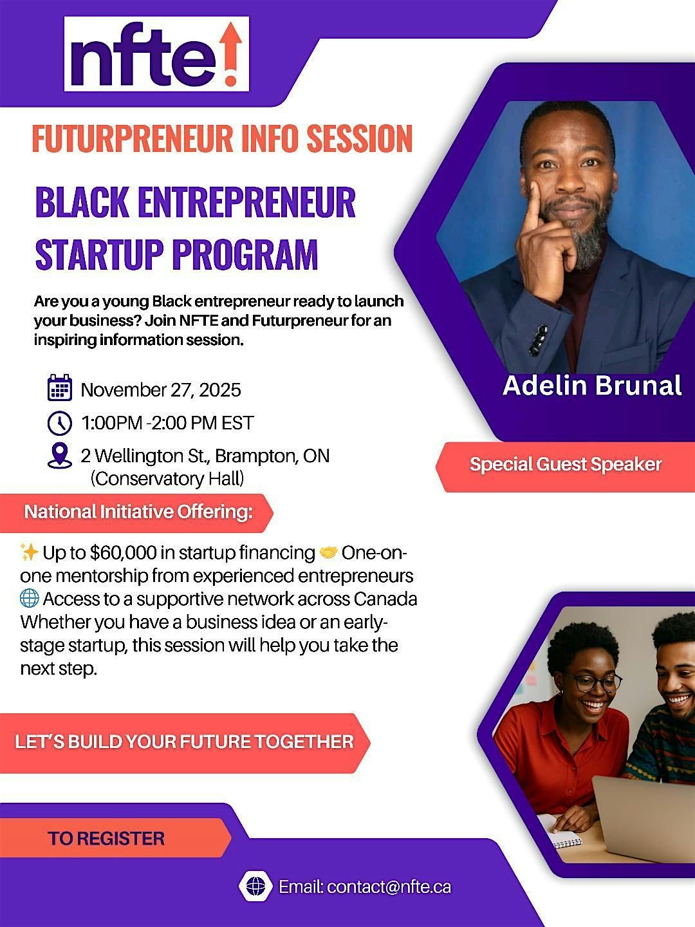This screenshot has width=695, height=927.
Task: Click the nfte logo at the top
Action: pyautogui.click(x=156, y=54)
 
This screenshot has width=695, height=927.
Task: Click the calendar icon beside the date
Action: pyautogui.click(x=60, y=389)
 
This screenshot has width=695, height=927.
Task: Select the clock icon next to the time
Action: pyautogui.click(x=60, y=423)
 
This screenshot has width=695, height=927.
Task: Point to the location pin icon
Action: pyautogui.click(x=60, y=455)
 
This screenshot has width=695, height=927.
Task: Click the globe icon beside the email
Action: pyautogui.click(x=255, y=886)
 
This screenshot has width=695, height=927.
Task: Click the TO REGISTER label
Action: pyautogui.click(x=106, y=838)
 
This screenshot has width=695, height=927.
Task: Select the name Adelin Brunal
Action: pyautogui.click(x=591, y=386)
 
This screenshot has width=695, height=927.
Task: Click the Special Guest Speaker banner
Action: pyautogui.click(x=566, y=465)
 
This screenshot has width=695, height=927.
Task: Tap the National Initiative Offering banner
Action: pyautogui.click(x=138, y=512)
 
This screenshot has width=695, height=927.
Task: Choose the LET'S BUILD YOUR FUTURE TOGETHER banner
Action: pyautogui.click(x=184, y=742)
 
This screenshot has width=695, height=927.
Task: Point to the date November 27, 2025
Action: pyautogui.click(x=161, y=389)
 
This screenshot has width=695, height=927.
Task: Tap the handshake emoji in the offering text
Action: pyautogui.click(x=328, y=552)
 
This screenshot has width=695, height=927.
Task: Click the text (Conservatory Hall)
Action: pyautogui.click(x=167, y=478)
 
